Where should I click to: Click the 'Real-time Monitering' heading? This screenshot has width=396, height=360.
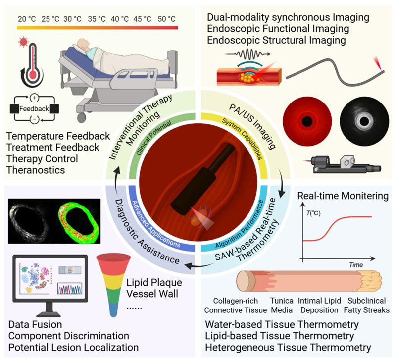point(343,196)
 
